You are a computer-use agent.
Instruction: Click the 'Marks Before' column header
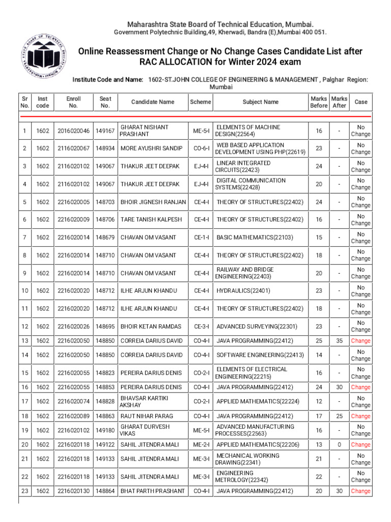click(x=319, y=102)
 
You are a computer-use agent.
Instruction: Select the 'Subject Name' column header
click(x=260, y=102)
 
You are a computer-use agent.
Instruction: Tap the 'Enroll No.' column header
click(x=73, y=102)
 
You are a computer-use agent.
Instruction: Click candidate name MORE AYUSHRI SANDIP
click(x=151, y=148)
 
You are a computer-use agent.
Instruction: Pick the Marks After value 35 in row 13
click(x=339, y=341)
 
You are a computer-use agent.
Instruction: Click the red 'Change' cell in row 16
click(x=360, y=387)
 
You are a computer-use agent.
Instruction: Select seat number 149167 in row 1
click(x=105, y=131)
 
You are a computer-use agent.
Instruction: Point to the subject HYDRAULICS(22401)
click(x=243, y=291)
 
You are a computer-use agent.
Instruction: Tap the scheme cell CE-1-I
click(x=201, y=238)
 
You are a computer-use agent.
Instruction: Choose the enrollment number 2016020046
click(x=73, y=131)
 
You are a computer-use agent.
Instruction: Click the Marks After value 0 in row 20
click(x=339, y=445)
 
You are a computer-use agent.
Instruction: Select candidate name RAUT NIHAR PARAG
click(x=147, y=416)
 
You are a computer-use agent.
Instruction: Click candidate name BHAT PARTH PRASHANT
click(x=152, y=491)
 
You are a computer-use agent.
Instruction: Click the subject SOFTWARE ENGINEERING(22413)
click(x=260, y=355)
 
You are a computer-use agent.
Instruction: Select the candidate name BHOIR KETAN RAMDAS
click(x=151, y=326)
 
